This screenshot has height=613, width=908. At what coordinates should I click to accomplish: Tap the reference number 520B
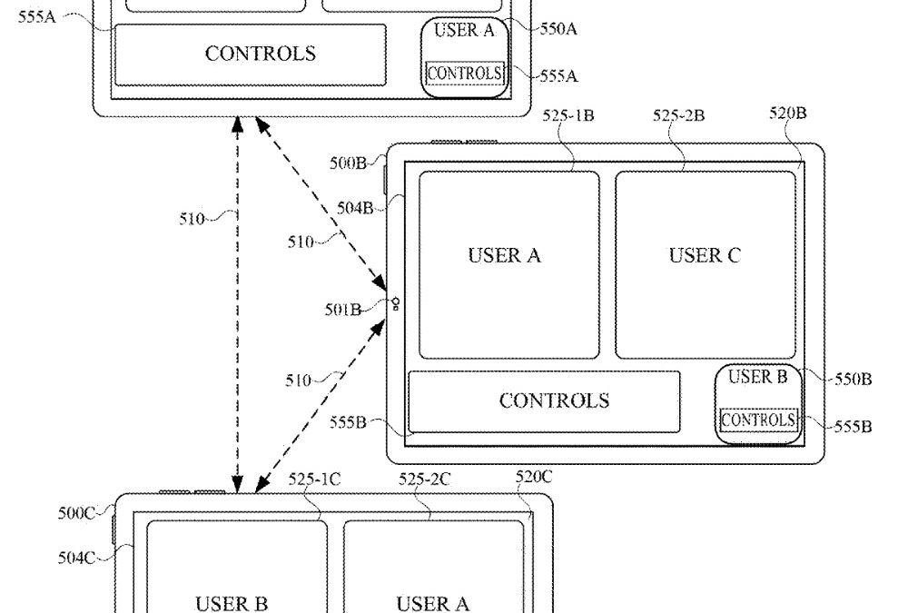(x=787, y=114)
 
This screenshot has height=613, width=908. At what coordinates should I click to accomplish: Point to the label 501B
(x=343, y=310)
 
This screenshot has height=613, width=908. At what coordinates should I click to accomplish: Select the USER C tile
(x=705, y=263)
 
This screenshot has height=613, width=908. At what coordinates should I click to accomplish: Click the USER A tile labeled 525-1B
(x=508, y=263)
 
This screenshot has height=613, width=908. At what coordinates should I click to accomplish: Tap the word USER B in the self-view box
(x=758, y=377)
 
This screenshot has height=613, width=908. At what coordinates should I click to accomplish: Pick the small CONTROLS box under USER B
(x=758, y=420)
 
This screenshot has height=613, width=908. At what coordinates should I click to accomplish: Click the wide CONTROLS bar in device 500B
(x=544, y=401)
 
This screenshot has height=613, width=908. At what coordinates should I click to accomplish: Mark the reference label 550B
(x=853, y=379)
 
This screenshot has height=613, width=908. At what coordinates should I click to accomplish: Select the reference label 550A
(x=558, y=28)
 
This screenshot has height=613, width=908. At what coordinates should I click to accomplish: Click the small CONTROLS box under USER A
(x=464, y=73)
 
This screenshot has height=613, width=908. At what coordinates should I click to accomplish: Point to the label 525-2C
(x=425, y=480)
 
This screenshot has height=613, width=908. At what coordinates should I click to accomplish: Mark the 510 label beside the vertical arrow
(x=192, y=218)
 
